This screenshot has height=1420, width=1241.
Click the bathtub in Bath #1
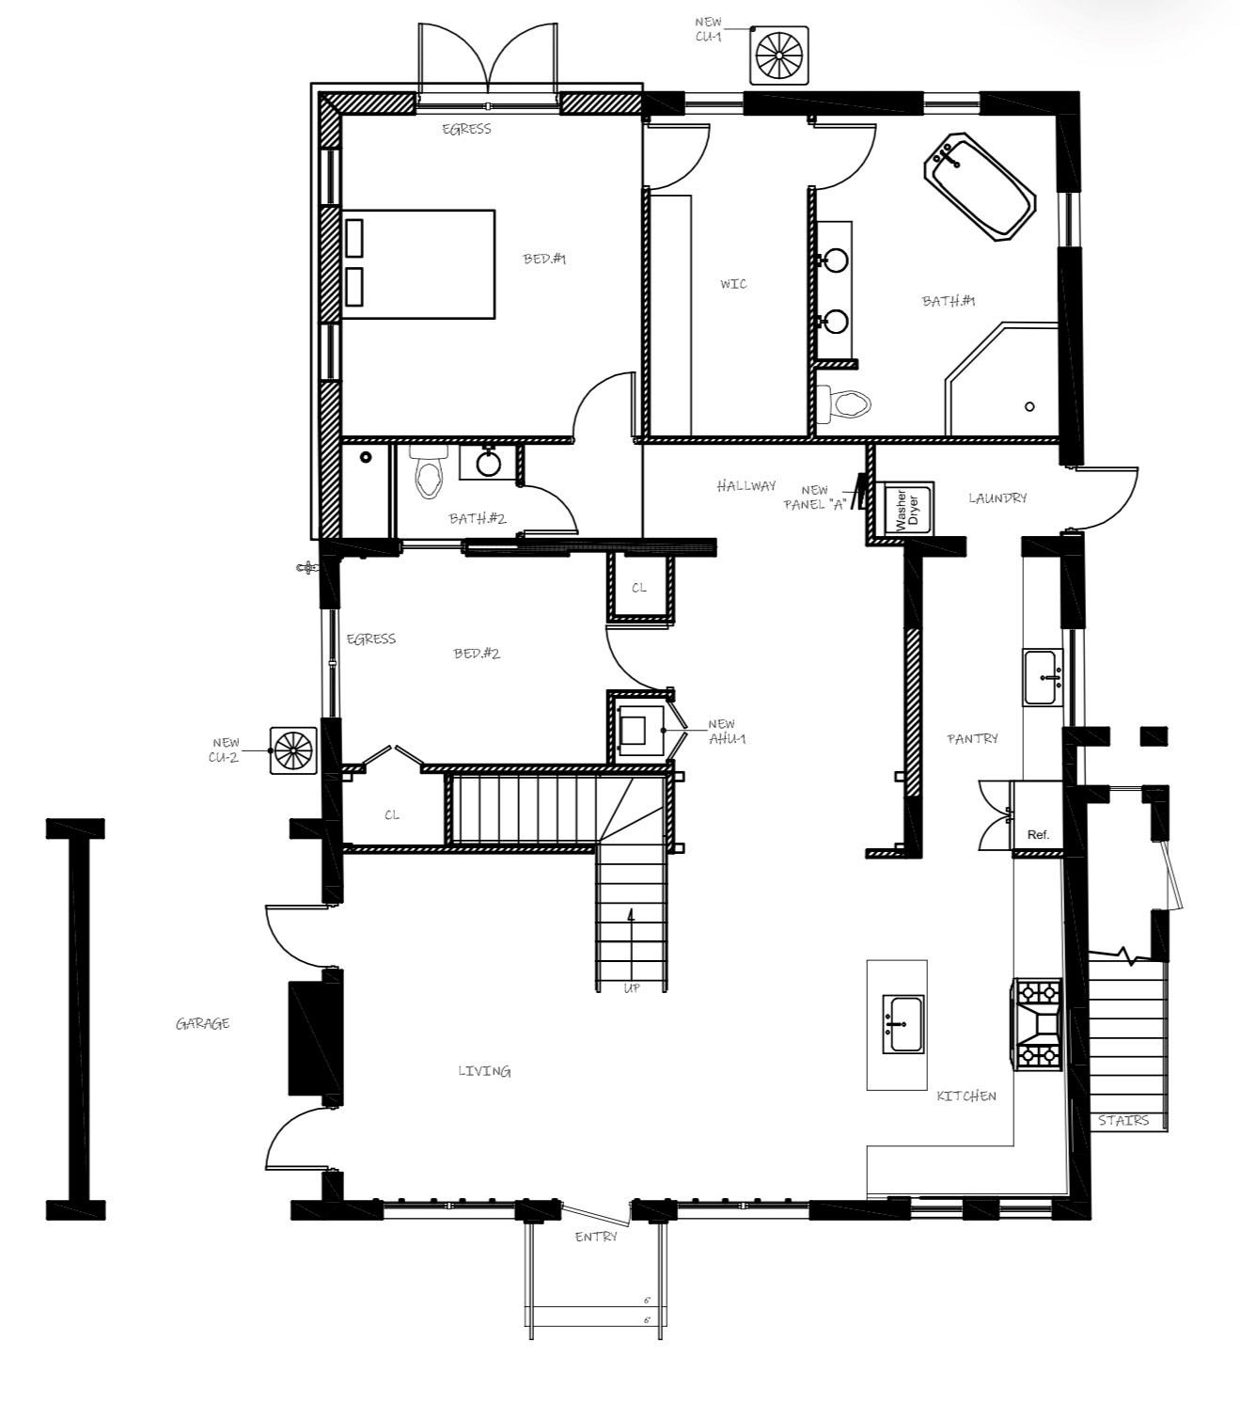point(982,185)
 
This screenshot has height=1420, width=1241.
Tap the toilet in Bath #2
point(430,474)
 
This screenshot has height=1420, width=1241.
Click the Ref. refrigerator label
point(1038,834)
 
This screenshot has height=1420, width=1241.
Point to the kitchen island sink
point(903,1023)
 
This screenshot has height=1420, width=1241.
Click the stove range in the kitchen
point(1038,1023)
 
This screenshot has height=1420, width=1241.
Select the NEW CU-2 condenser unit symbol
point(292,749)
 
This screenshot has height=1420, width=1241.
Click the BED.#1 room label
point(544,259)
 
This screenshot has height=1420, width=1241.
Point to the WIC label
point(733,284)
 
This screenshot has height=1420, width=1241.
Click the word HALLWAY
point(746,486)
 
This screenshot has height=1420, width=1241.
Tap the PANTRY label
point(972,739)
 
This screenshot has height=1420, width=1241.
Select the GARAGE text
point(202,1023)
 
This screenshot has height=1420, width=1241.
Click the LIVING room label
point(484,1071)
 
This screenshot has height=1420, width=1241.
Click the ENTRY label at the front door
point(596,1237)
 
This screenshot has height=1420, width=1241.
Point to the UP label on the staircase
point(632,988)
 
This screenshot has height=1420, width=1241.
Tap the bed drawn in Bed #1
point(418,264)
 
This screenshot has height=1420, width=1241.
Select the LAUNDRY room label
point(998,497)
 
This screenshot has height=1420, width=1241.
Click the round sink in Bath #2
point(488,462)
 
